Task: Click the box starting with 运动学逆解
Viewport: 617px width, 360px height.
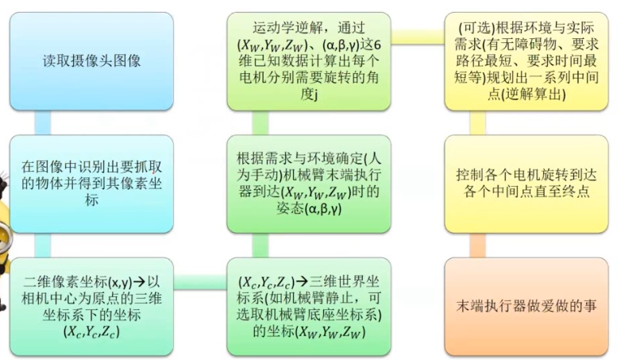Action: coord(310,60)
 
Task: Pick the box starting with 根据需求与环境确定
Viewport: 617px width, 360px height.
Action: coord(310,183)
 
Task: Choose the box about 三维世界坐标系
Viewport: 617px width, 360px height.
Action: coord(310,305)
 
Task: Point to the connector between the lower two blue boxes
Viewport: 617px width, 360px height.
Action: coord(42,245)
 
